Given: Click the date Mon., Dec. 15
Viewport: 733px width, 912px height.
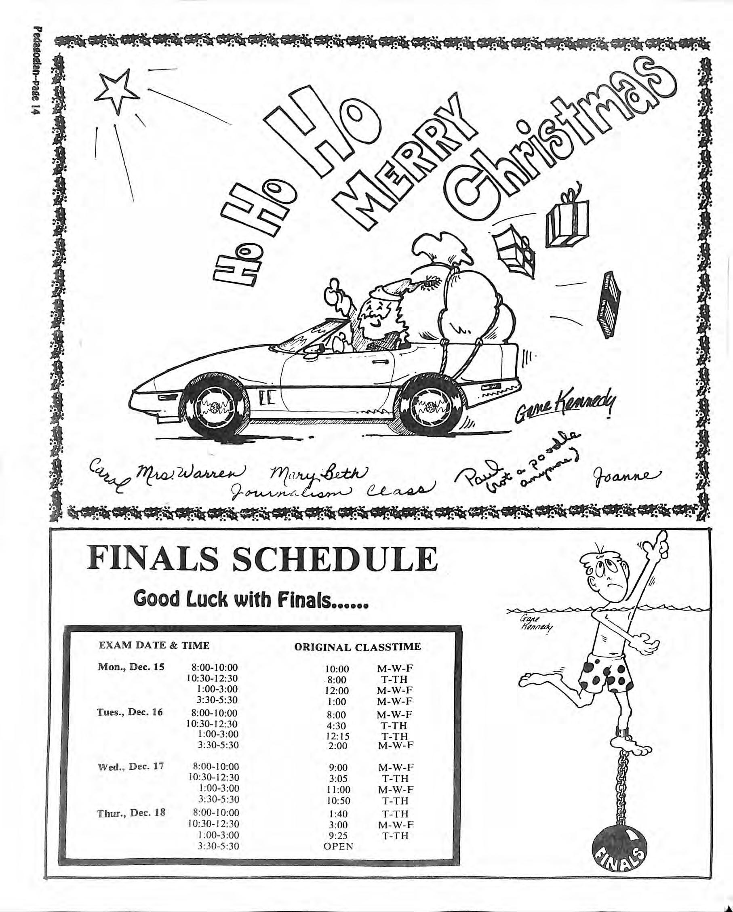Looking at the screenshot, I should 131,668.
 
